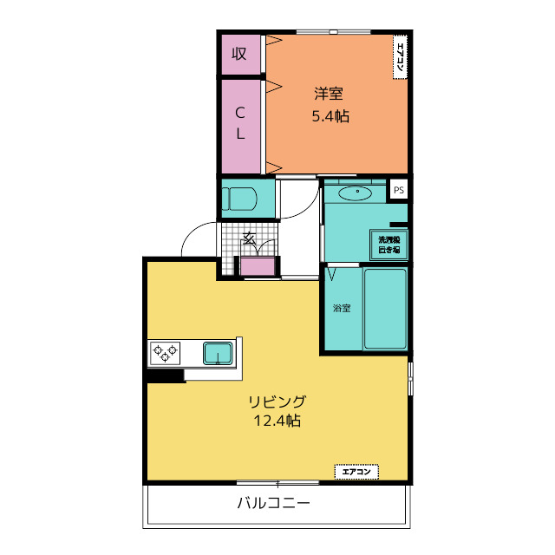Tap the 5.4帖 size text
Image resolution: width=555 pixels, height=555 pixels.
[330, 116]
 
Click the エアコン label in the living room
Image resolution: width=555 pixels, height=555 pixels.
[357, 472]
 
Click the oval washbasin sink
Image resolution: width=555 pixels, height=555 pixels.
[356, 192]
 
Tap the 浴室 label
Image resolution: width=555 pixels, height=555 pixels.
[341, 308]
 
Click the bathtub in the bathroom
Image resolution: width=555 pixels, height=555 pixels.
[384, 309]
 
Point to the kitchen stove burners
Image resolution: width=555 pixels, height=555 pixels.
[166, 352]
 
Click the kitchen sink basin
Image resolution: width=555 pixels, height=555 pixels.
[217, 353]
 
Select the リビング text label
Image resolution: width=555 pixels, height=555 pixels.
[277, 402]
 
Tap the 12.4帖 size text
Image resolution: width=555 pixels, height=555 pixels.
[277, 421]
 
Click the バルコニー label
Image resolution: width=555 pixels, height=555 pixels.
[274, 504]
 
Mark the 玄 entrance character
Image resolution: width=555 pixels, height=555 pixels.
[248, 237]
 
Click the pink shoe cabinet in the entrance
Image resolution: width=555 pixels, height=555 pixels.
[258, 266]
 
